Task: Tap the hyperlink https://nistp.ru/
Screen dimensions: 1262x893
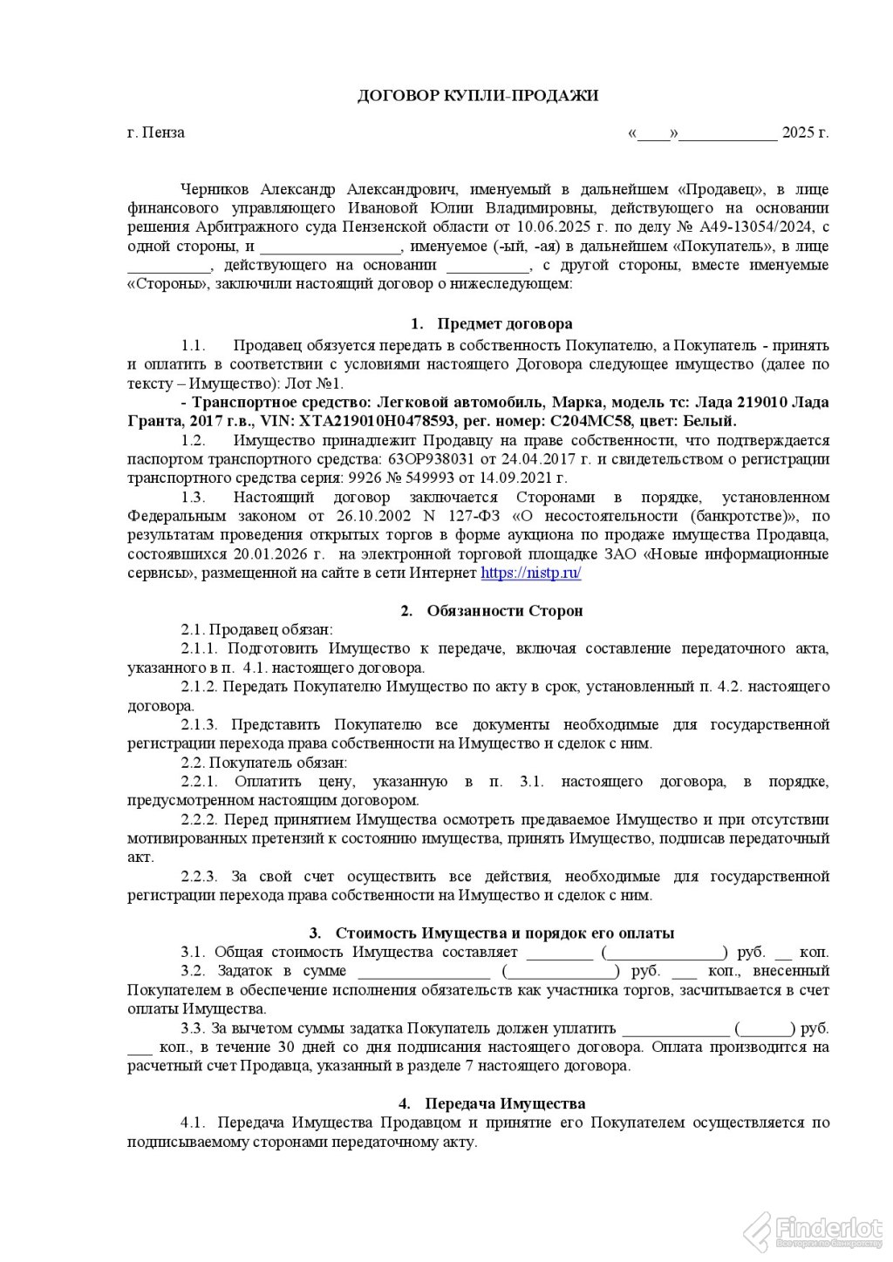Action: tap(530, 573)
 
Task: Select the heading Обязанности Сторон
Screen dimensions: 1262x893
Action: tap(505, 611)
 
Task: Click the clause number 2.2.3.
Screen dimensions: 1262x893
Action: tap(202, 876)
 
